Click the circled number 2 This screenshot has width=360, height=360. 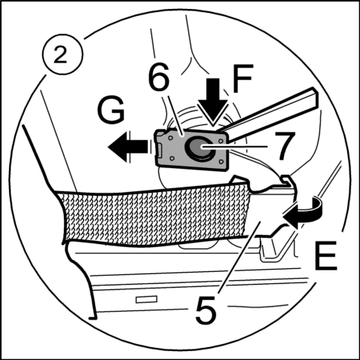(x=62, y=56)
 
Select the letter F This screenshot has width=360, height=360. (x=243, y=78)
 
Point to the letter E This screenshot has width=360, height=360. (x=325, y=255)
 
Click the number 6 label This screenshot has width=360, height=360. (x=158, y=78)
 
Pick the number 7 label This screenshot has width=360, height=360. (x=284, y=145)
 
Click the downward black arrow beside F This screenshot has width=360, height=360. (x=213, y=100)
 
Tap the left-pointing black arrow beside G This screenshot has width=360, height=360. (x=128, y=147)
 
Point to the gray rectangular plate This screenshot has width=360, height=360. (x=191, y=150)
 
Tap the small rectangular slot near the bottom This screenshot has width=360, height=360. (x=146, y=300)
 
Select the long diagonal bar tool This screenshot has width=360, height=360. (x=270, y=114)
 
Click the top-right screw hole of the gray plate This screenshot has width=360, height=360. (x=221, y=142)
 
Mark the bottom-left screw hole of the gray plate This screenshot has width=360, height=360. (x=172, y=158)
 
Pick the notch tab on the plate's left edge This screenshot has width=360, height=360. (x=159, y=151)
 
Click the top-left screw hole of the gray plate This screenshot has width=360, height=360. (x=170, y=139)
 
